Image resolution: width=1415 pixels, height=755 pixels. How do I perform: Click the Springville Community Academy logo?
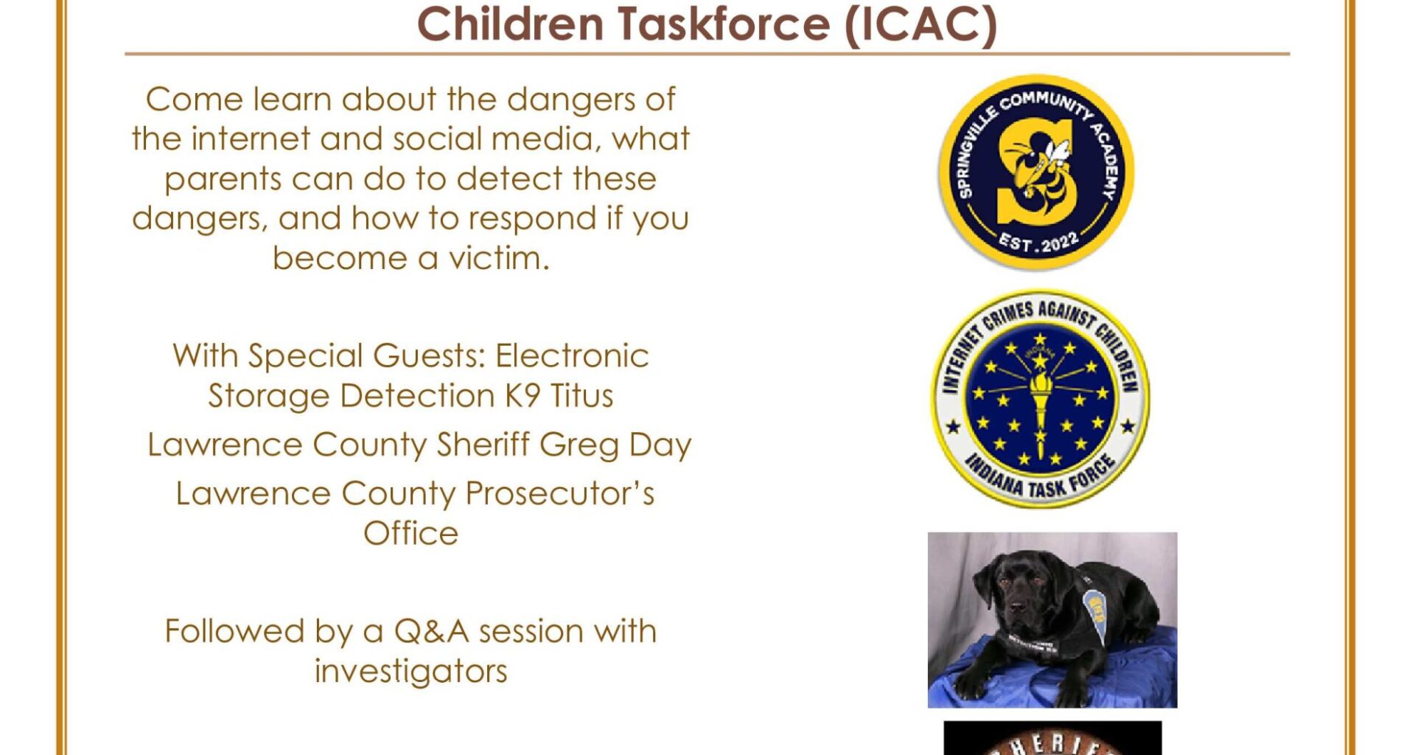click(x=1036, y=172)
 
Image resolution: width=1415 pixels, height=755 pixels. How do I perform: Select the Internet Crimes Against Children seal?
click(x=1040, y=398)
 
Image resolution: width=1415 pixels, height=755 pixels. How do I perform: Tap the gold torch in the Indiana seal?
click(x=1040, y=402)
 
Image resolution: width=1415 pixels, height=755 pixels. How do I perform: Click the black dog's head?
click(x=1013, y=590)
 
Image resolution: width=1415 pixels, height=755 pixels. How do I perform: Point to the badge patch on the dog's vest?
click(x=1097, y=609)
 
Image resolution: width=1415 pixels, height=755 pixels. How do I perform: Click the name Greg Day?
click(x=615, y=445)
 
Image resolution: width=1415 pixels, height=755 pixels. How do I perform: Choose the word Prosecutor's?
click(x=560, y=493)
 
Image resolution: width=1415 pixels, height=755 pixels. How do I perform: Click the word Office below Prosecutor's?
click(x=410, y=533)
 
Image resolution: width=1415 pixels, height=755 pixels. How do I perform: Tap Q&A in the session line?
click(x=432, y=631)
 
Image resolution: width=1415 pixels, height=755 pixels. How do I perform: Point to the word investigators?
click(x=410, y=671)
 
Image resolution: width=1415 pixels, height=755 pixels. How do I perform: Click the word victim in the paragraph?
click(x=498, y=258)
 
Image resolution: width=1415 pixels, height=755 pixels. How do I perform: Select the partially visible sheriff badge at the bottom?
click(x=1052, y=740)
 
